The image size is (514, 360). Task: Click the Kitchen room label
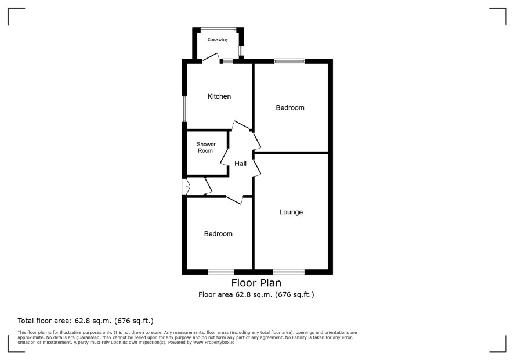click(219, 96)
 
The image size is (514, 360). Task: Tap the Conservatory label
click(218, 39)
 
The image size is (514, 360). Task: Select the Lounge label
click(291, 212)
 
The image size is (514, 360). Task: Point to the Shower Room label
click(206, 147)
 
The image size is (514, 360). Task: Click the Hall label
click(240, 163)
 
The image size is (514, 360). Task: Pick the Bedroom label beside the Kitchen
click(290, 107)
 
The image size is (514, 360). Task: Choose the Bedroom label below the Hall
click(218, 233)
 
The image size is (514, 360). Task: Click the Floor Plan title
click(256, 283)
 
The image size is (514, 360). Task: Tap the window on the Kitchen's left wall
click(184, 109)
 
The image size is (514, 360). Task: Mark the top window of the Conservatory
click(218, 30)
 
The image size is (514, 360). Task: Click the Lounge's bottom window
click(289, 272)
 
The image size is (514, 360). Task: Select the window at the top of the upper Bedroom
click(289, 61)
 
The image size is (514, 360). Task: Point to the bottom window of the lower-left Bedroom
click(221, 272)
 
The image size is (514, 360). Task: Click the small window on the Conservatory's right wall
click(241, 51)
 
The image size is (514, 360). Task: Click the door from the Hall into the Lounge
click(258, 168)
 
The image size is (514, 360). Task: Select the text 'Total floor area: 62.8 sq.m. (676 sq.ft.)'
click(85, 321)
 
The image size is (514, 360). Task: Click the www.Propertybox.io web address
click(214, 342)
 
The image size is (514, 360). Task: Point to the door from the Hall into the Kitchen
click(241, 125)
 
